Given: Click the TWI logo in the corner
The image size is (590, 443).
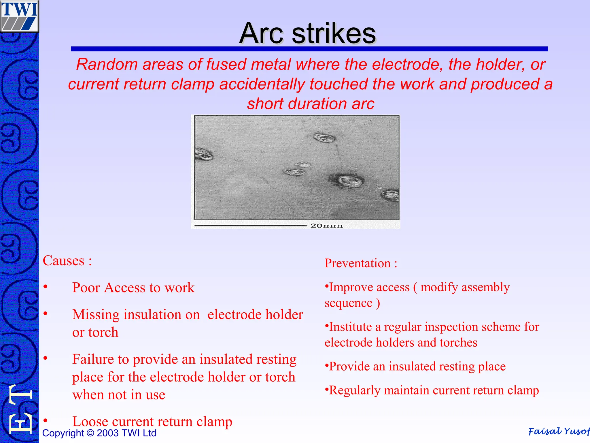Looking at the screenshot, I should point(19,16).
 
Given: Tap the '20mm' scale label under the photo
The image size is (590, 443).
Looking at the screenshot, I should point(326,226).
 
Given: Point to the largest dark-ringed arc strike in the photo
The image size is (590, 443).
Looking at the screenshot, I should point(349,181).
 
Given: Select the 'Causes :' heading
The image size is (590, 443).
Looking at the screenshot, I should point(67,261).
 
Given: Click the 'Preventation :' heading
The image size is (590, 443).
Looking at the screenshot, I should point(361,263).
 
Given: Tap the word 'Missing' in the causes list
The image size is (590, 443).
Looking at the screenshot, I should point(96,315).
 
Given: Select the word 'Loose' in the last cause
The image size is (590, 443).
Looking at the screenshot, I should point(90,422).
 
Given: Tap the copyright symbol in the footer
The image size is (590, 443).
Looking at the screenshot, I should point(90,433).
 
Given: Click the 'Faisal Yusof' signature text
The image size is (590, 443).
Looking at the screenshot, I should point(558,431).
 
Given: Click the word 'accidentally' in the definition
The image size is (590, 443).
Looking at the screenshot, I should point(262,84).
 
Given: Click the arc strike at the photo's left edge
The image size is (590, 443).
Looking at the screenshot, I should point(204,154).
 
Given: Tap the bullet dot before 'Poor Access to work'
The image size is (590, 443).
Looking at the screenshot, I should point(46,287).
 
